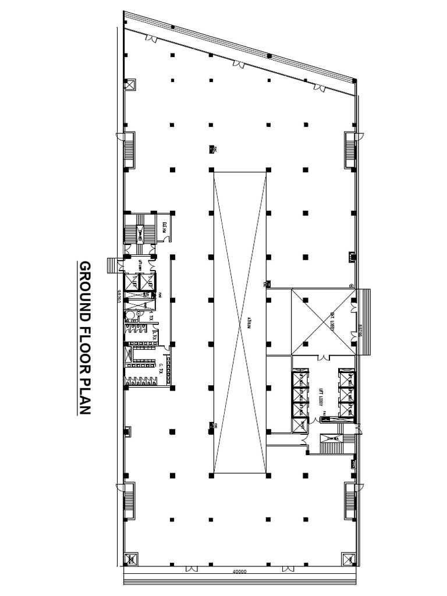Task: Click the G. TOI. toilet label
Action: coord(160,368)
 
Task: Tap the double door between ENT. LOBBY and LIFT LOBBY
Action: coord(321,356)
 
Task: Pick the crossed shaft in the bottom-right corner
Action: coord(350,559)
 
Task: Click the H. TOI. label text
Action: coord(151,318)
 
